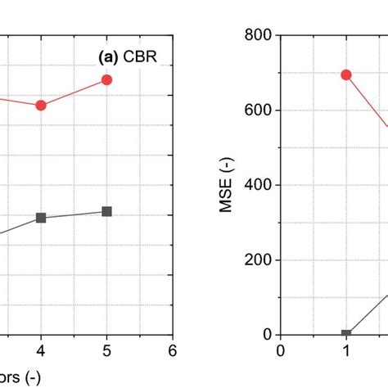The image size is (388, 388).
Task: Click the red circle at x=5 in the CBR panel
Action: click(106, 79)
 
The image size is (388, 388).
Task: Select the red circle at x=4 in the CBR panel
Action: click(41, 105)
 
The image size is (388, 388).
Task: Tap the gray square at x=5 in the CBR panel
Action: click(106, 211)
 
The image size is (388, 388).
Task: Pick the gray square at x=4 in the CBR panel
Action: click(41, 218)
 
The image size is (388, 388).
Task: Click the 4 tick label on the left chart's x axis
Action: click(41, 351)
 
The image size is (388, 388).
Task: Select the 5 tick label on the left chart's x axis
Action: click(106, 351)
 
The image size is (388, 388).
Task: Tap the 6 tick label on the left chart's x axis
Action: click(172, 351)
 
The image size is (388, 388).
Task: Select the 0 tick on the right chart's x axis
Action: click(281, 351)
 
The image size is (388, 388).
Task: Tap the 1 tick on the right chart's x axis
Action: click(346, 351)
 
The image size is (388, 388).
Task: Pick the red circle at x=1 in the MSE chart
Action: click(346, 74)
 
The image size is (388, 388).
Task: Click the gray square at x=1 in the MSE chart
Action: click(346, 334)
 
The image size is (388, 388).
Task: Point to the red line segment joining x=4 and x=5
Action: click(74, 92)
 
